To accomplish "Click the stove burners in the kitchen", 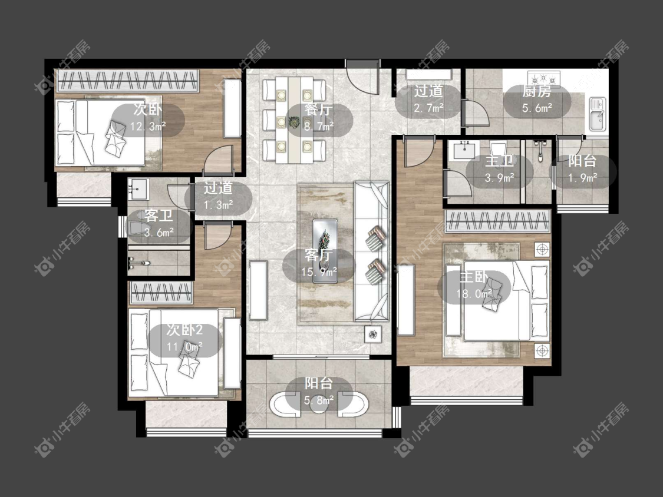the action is point(543,78).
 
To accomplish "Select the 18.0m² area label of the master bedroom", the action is point(474,294).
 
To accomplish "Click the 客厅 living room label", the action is point(319,255).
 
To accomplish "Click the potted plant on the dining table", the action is point(293,122).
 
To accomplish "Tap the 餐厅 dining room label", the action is point(319,110).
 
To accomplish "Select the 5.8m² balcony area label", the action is point(319,399).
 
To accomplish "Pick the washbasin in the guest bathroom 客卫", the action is point(137,190).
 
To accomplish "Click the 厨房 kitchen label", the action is point(536,91).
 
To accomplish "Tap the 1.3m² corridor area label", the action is point(217,206).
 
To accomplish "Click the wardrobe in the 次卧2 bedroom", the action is point(161,293).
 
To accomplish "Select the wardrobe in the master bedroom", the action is point(497,221).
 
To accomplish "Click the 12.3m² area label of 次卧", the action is point(147,126).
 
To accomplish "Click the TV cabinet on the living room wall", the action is point(258,291).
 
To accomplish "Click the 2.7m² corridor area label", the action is point(428,107).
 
